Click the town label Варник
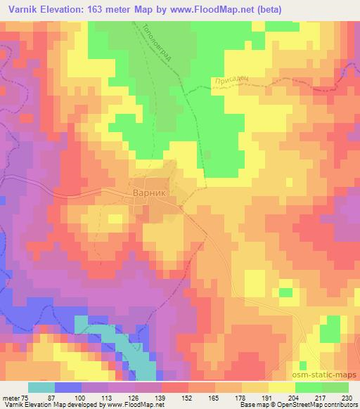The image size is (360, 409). (150, 197)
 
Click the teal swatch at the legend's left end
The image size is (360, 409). (41, 387)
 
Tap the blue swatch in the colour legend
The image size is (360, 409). (68, 387)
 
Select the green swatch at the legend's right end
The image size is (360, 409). (335, 387)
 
